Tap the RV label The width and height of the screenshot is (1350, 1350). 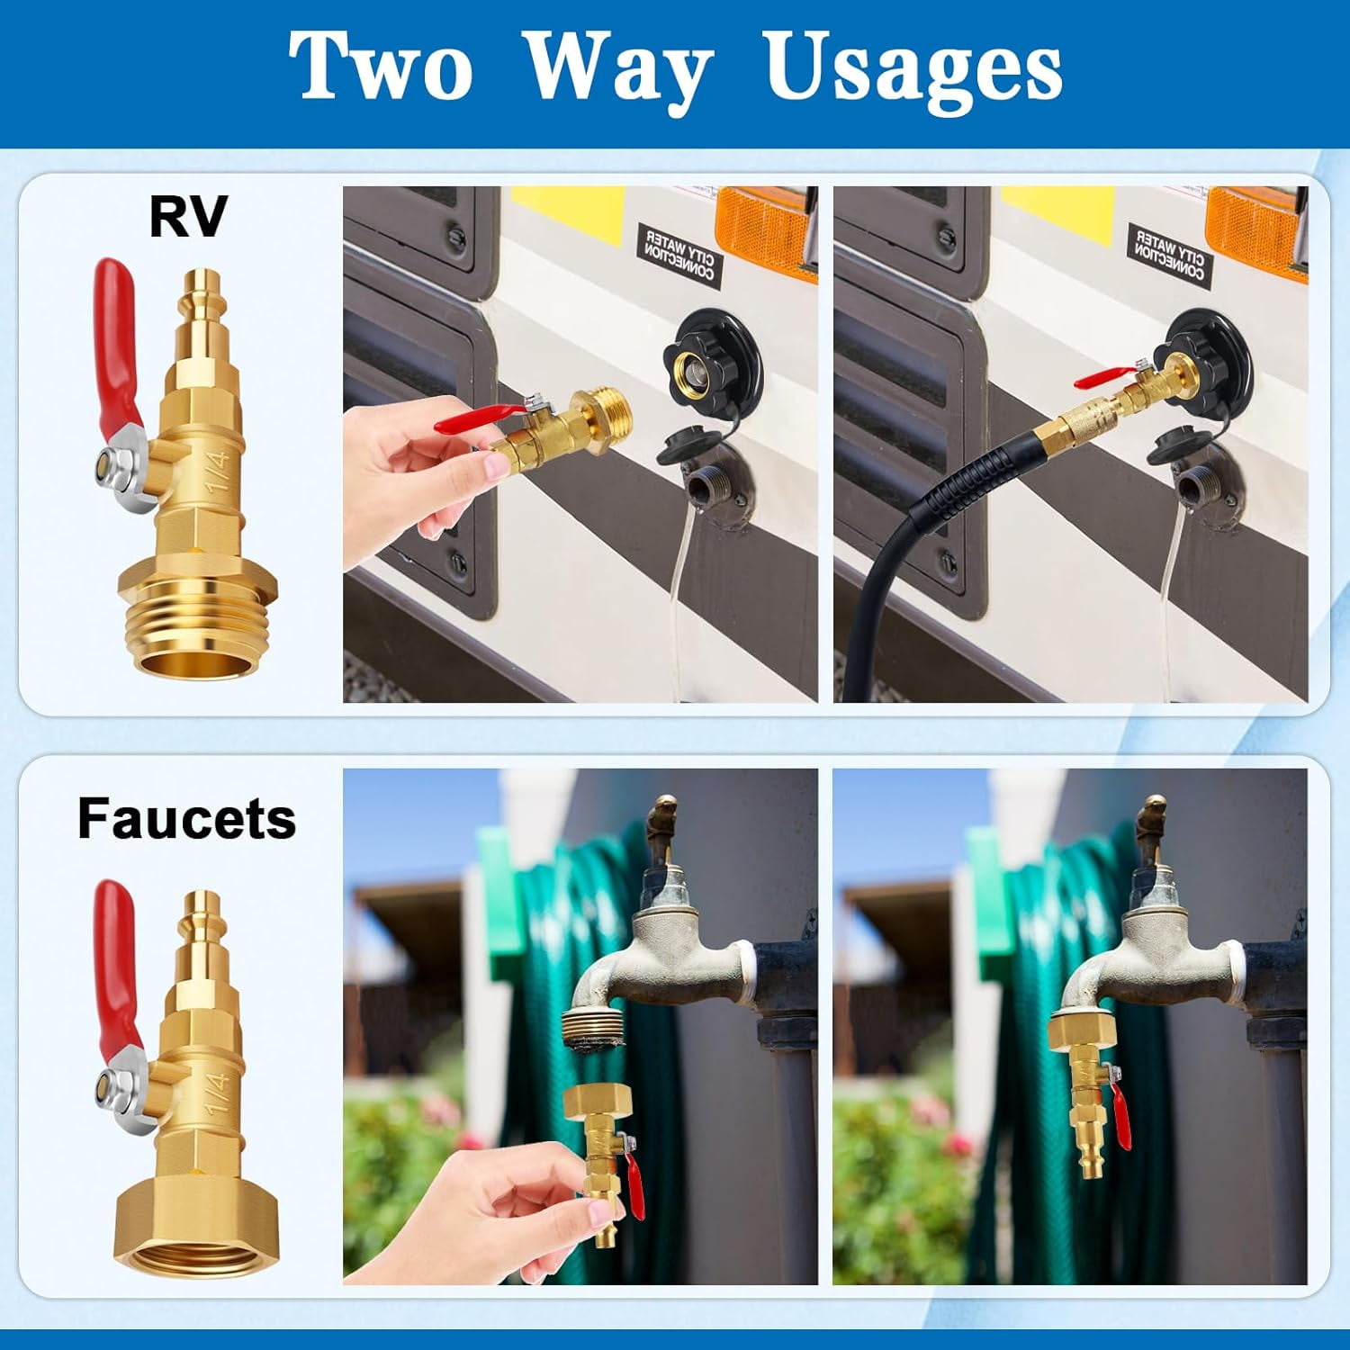[x=188, y=217]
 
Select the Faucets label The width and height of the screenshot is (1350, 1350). [x=186, y=818]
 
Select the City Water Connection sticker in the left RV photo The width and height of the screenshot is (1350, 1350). [x=679, y=254]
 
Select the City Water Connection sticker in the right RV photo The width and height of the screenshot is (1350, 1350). [x=1169, y=254]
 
